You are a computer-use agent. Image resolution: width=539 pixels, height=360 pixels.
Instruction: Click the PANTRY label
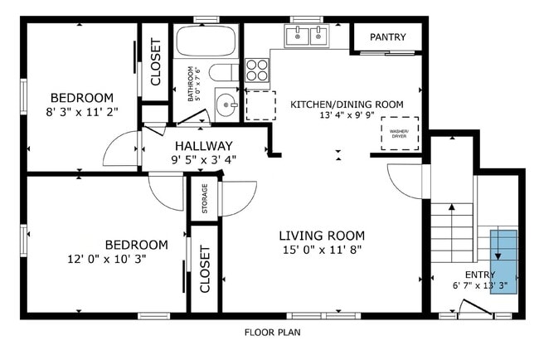[x=388, y=36]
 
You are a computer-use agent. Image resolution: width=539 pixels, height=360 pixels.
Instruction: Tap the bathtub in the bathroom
[x=206, y=41]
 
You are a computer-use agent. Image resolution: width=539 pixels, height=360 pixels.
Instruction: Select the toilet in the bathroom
[x=224, y=72]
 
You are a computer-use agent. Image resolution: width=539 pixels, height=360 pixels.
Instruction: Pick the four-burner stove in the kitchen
[x=257, y=70]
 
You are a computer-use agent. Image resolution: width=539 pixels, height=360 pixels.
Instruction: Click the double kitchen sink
[x=307, y=36]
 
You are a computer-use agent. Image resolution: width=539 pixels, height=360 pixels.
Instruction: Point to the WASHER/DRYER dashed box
[x=400, y=134]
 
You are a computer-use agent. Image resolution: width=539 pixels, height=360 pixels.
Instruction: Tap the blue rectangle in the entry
[x=503, y=262]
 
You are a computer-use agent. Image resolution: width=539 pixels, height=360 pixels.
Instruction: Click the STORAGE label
[x=205, y=198]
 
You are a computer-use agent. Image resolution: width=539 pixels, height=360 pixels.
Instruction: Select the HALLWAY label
[x=204, y=146]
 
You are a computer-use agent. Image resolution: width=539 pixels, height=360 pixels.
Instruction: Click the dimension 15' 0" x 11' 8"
[x=322, y=250]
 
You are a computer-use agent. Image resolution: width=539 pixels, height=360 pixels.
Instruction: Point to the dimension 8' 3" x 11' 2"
[x=82, y=112]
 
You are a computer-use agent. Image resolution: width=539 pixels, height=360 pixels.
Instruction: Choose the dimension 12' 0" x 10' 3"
[x=107, y=259]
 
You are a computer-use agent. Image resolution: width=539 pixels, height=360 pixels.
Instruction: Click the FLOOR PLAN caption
[x=273, y=333]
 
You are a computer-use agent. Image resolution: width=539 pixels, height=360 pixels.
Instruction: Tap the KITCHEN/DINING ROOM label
[x=347, y=105]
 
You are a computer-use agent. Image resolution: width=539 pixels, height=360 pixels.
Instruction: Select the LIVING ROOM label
[x=322, y=236]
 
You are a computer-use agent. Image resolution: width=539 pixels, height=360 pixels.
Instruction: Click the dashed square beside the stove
[x=261, y=105]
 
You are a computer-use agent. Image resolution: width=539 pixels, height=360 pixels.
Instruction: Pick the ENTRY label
[x=480, y=275]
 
